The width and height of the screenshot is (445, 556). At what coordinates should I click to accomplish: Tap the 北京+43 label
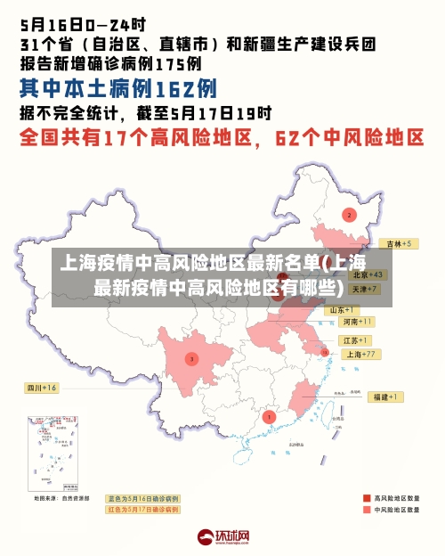click(x=368, y=274)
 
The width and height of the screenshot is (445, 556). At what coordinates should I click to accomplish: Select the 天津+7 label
click(x=365, y=289)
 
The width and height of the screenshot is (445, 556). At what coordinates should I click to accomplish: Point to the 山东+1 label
click(x=344, y=309)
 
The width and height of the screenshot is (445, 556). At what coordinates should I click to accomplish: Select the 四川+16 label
click(x=41, y=388)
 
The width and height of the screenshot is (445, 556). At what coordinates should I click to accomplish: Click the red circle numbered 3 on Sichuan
click(x=190, y=358)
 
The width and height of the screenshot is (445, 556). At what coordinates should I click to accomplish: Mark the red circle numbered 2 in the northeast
click(x=349, y=215)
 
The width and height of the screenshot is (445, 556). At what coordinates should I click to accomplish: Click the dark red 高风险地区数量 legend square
click(x=367, y=498)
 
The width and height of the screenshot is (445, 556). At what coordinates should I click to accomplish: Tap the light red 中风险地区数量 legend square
click(x=367, y=511)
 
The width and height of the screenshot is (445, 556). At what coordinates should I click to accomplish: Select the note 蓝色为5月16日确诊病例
click(x=142, y=498)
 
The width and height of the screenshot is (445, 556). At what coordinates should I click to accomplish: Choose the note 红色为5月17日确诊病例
click(x=142, y=510)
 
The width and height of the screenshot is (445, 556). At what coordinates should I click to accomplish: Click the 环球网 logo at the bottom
click(x=222, y=537)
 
